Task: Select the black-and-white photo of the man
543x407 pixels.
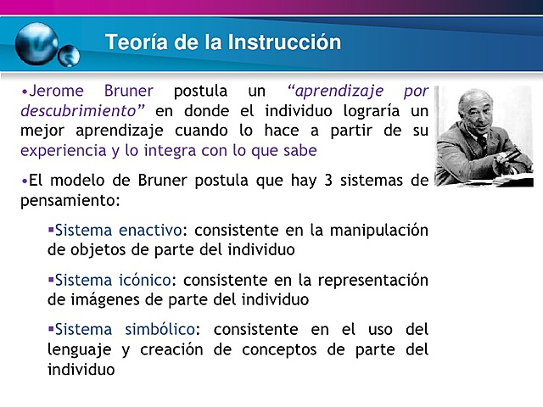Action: pos(484,136)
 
